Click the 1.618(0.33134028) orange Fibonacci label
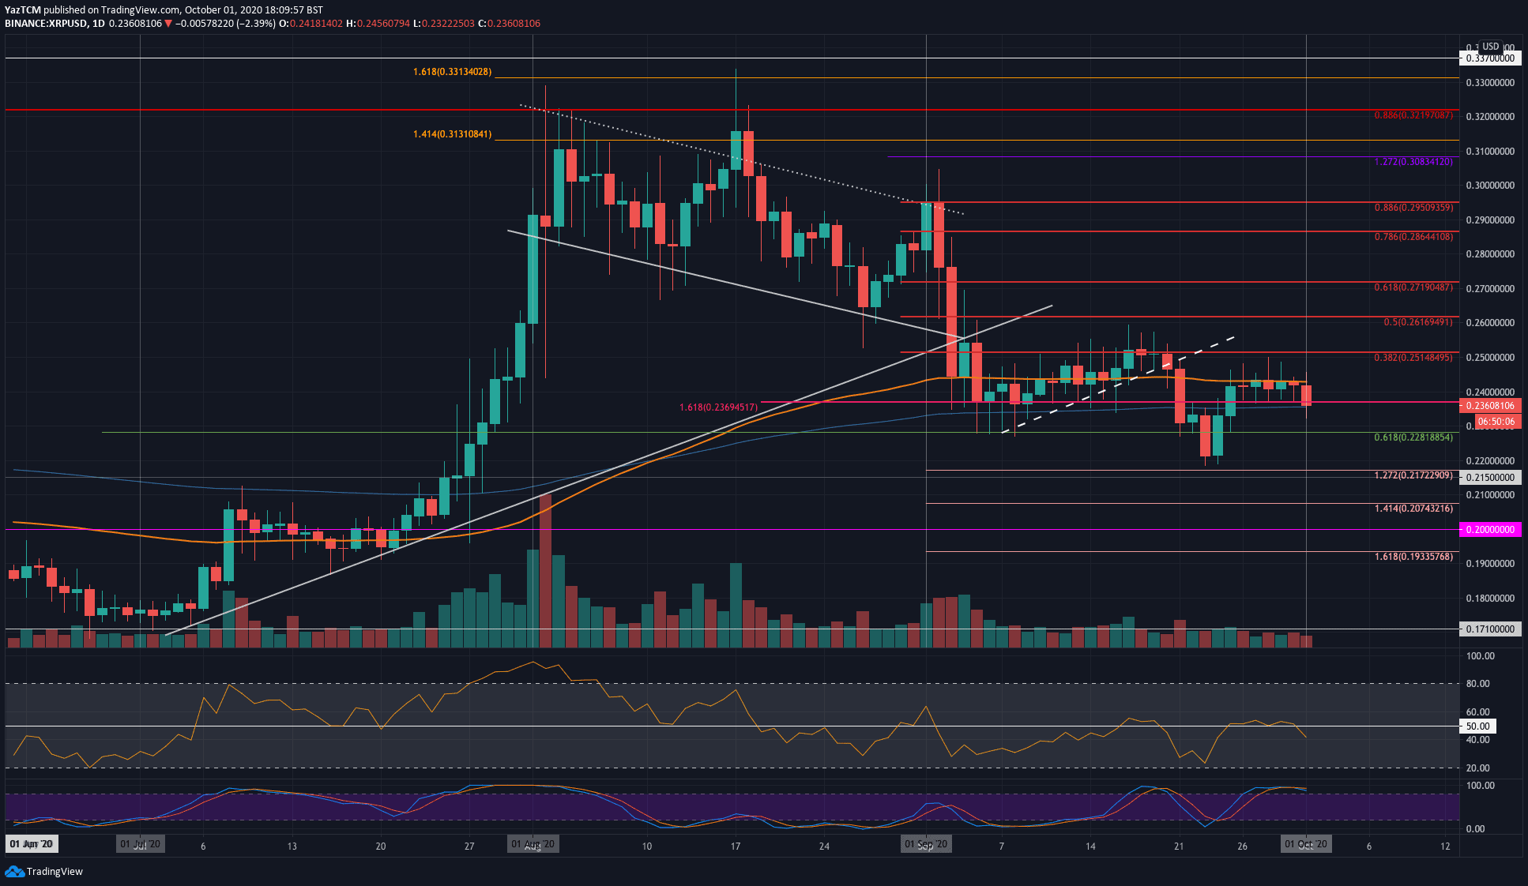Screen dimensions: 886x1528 tap(452, 72)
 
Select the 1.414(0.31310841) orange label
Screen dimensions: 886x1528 tap(452, 134)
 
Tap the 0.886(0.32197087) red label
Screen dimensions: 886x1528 tap(1413, 115)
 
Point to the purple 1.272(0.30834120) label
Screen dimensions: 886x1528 tap(1413, 162)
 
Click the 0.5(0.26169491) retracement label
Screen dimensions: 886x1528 tap(1417, 322)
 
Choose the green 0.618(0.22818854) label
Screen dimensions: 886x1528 tap(1413, 437)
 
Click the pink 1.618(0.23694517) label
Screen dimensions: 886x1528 tap(718, 407)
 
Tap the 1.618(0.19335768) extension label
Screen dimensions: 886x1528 tap(1413, 557)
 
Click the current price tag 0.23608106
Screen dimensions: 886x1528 tap(1490, 406)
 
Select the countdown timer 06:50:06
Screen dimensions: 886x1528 tap(1496, 422)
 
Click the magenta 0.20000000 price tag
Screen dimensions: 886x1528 tap(1490, 530)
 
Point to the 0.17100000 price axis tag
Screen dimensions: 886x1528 tap(1490, 629)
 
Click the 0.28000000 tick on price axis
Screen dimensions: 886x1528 tap(1490, 254)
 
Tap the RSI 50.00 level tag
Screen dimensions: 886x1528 tap(1477, 726)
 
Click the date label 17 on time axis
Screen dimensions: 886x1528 tap(736, 847)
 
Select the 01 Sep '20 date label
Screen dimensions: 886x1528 tap(926, 845)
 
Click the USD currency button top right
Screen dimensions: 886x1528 tap(1490, 47)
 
